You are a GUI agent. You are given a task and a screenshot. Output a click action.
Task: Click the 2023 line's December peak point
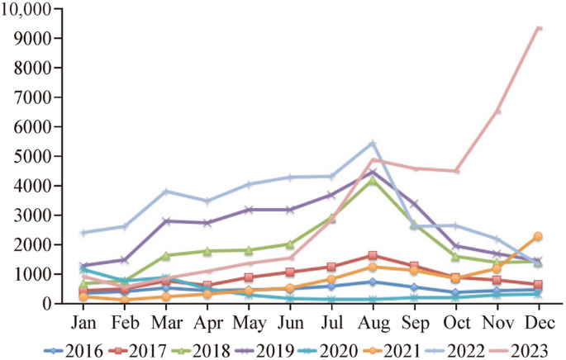[x=539, y=28]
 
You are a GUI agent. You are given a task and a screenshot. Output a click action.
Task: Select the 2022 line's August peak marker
[x=373, y=143]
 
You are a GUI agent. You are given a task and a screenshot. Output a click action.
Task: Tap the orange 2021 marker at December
[x=539, y=236]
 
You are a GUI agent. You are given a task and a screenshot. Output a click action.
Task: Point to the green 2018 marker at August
[x=373, y=180]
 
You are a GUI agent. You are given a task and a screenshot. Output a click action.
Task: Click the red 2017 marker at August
[x=373, y=256]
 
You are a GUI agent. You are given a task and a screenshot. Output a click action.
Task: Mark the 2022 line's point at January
[x=83, y=233]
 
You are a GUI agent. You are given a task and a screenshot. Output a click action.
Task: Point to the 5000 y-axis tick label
[x=33, y=156]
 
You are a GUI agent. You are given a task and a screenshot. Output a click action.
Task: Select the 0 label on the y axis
[x=46, y=304]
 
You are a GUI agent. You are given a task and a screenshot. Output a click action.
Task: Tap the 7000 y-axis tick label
[x=33, y=97]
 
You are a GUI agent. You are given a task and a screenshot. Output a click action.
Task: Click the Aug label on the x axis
[x=373, y=320]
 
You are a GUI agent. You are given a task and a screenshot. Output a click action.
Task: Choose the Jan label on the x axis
[x=83, y=320]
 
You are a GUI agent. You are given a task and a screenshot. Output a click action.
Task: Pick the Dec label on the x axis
[x=539, y=320]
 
